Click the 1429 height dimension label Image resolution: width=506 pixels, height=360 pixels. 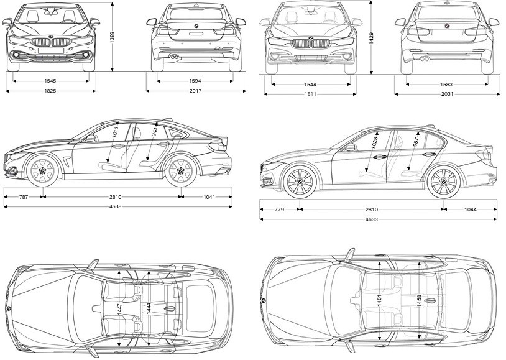click(x=371, y=39)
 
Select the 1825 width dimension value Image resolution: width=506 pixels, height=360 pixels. click(x=51, y=91)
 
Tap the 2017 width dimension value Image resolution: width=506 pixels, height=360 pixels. click(x=195, y=91)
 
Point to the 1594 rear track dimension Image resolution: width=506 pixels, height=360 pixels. click(x=195, y=81)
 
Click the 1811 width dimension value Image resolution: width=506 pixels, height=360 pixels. click(x=311, y=95)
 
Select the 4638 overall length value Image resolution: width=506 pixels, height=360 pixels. click(x=116, y=206)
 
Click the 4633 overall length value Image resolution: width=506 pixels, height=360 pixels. click(x=372, y=219)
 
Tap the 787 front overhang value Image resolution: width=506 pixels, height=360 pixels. click(x=24, y=197)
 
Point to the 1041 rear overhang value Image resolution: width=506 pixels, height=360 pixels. click(x=209, y=197)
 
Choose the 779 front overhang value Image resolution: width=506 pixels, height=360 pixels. click(x=279, y=210)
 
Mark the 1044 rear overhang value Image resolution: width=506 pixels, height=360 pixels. click(x=471, y=210)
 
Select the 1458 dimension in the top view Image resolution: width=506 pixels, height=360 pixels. click(x=420, y=302)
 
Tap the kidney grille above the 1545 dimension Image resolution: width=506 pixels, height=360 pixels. click(x=52, y=44)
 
